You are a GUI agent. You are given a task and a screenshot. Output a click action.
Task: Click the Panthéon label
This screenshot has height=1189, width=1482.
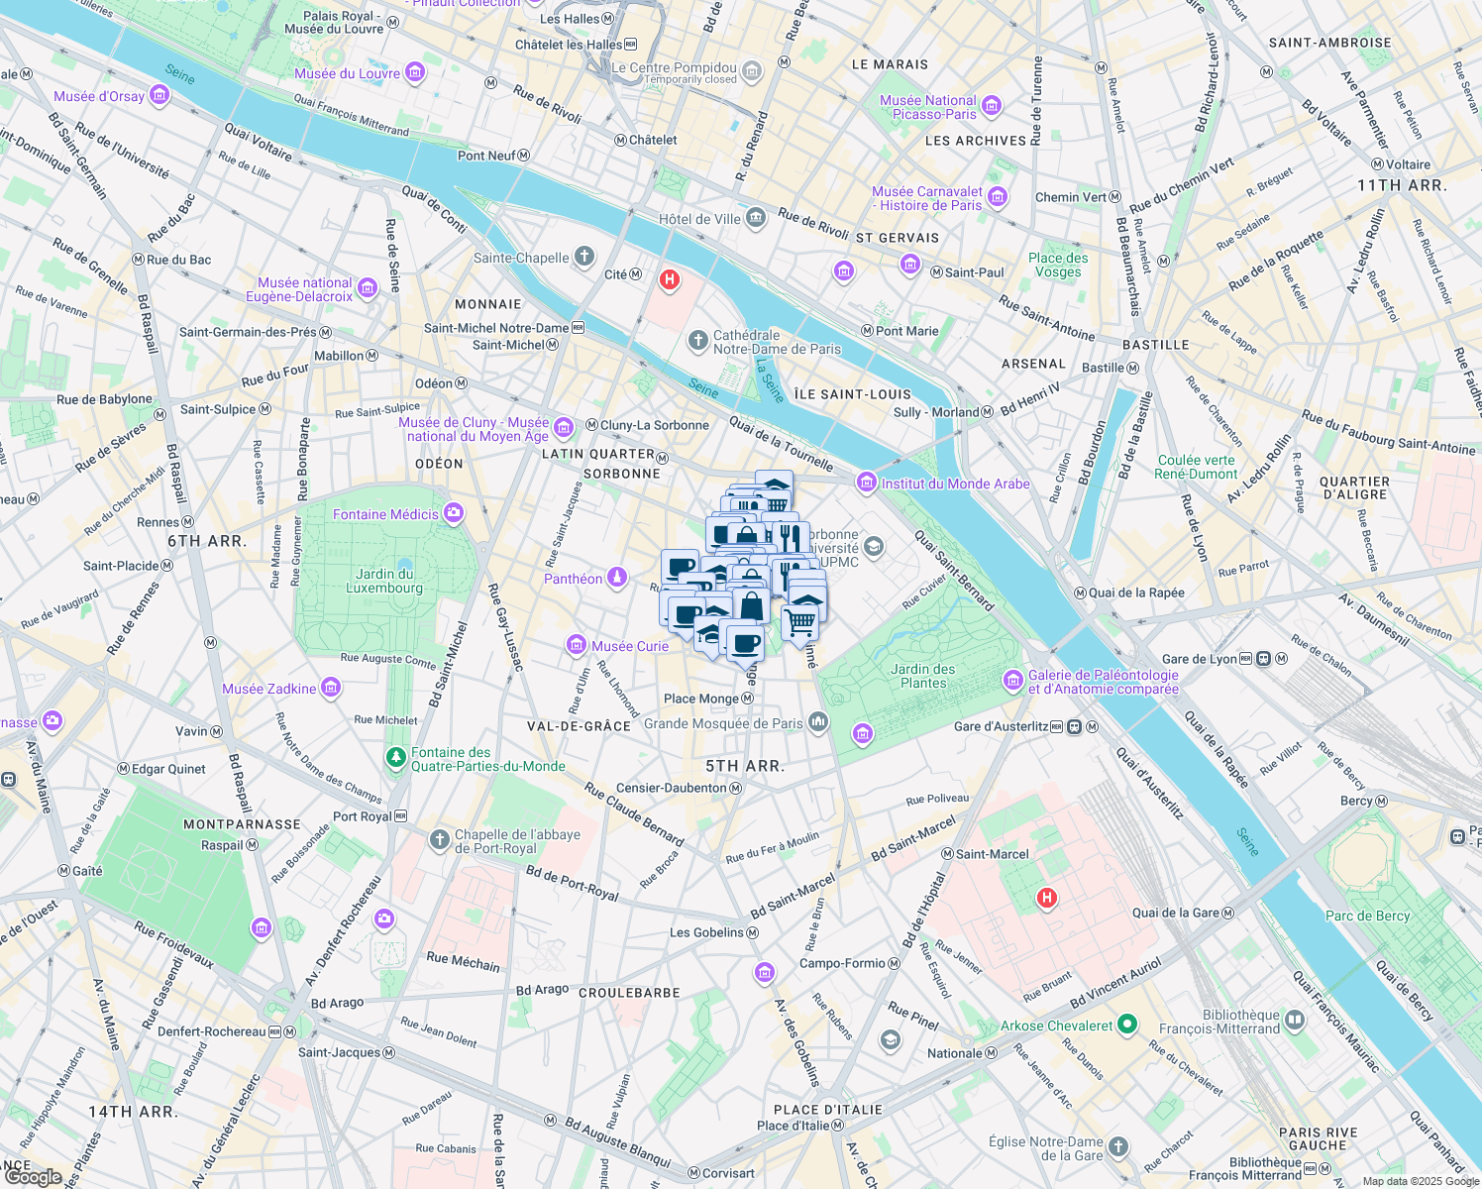574,579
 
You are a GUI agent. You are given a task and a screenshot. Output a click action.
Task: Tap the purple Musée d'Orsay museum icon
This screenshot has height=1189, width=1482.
159,96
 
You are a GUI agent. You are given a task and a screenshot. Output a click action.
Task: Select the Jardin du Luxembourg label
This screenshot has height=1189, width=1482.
384,581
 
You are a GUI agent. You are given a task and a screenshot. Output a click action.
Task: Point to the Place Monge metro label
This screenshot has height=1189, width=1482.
701,699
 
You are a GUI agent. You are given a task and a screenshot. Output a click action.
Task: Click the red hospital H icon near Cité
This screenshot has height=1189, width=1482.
670,280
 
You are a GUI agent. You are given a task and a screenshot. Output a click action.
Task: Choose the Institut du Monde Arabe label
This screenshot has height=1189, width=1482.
955,484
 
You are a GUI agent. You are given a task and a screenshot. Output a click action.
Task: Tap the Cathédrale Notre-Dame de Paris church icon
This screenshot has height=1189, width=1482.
698,341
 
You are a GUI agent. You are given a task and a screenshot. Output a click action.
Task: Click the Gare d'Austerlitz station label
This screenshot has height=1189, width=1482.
1001,726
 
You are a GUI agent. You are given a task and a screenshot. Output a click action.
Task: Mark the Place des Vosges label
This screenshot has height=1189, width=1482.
1058,265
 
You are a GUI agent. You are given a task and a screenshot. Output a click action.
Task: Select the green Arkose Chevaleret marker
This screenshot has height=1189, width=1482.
1126,1025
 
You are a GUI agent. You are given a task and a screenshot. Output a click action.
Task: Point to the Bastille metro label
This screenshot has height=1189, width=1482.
1103,368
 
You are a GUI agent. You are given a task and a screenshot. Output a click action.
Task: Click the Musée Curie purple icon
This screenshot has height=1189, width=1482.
576,646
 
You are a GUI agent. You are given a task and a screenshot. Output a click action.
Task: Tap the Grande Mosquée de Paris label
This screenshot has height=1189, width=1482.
723,723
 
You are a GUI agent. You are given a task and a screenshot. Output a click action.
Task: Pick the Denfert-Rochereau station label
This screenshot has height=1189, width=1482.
212,1031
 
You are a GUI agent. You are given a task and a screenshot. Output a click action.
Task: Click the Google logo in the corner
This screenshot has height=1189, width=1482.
33,1177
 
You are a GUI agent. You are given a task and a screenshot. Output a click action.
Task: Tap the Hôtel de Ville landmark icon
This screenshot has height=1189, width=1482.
756,218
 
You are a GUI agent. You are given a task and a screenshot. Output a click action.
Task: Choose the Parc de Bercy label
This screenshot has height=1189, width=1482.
1367,916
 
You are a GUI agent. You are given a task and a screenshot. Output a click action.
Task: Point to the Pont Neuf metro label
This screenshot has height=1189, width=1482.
486,156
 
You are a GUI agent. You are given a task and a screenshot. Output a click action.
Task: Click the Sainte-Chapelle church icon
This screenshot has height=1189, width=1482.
584,258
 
